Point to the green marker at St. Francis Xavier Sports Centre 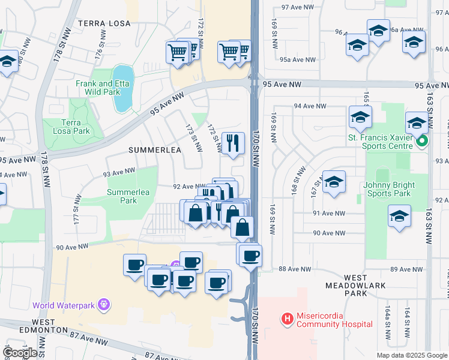tap(421, 142)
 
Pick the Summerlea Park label tap(121, 196)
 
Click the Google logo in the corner tap(20, 353)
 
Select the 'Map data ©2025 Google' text tap(412, 355)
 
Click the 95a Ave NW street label tap(298, 59)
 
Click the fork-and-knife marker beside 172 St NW tap(233, 143)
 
